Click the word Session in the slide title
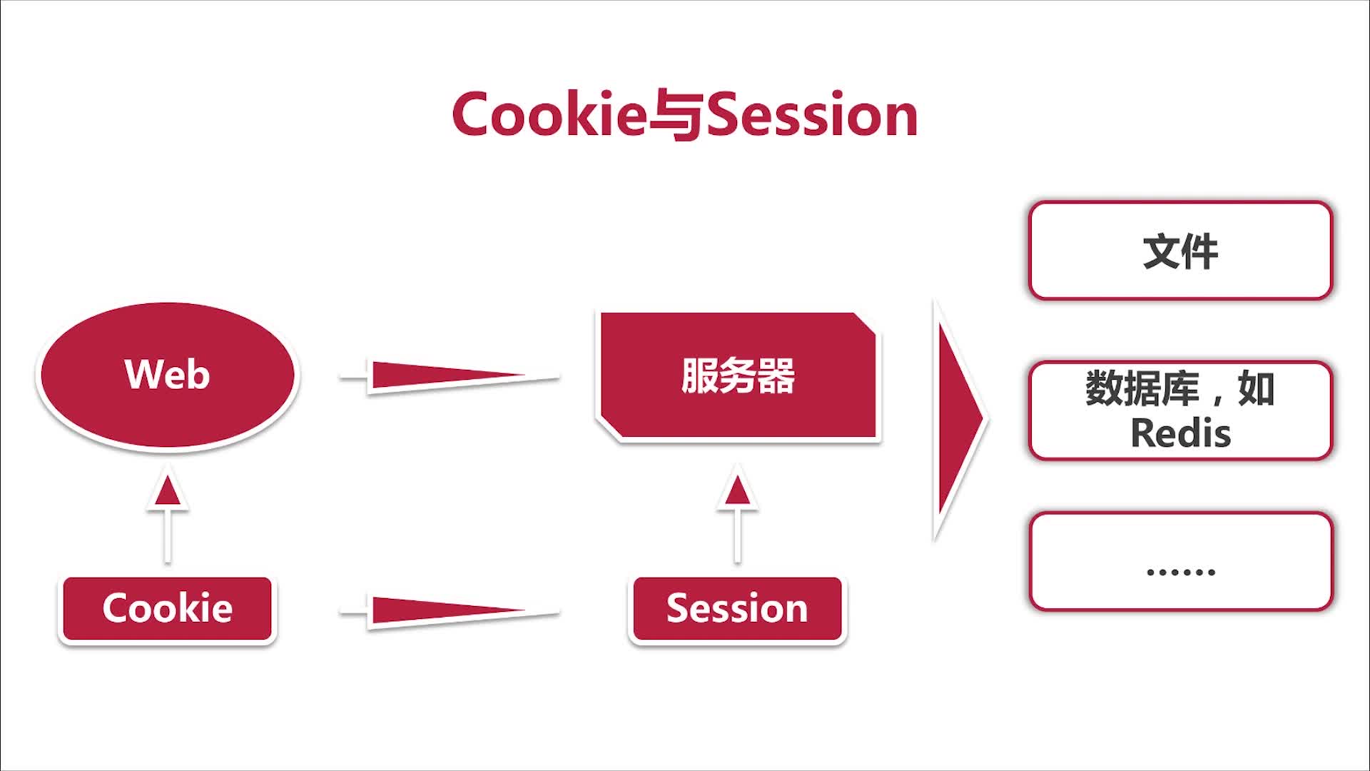[x=812, y=114]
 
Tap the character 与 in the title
[x=676, y=116]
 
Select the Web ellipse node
[x=168, y=376]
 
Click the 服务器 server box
[x=738, y=376]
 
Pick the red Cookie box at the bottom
[x=168, y=609]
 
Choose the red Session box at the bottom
[x=738, y=609]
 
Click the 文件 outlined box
[x=1181, y=251]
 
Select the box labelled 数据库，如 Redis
[x=1181, y=410]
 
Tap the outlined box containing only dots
[x=1181, y=561]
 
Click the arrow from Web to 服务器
[x=450, y=375]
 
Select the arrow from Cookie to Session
[x=450, y=611]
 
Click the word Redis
[x=1181, y=433]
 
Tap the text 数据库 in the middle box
[x=1142, y=388]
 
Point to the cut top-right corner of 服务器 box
[x=865, y=323]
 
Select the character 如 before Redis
[x=1257, y=388]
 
